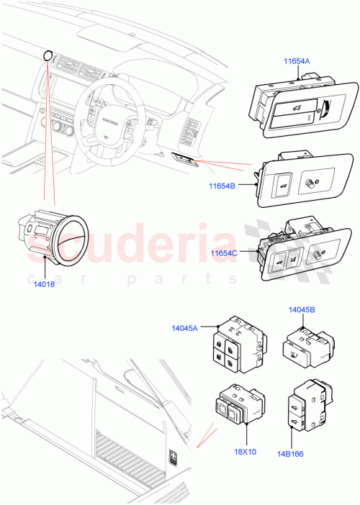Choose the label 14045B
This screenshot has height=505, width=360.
coord(301,311)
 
